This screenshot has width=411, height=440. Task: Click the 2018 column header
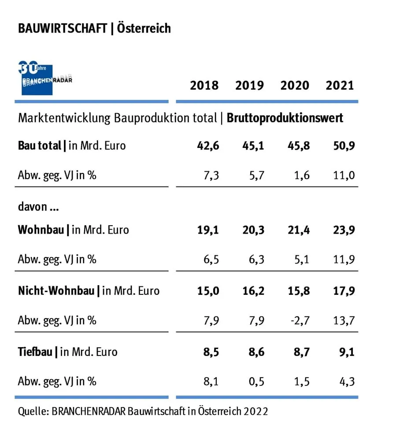click(x=204, y=85)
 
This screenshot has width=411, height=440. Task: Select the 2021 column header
click(x=340, y=85)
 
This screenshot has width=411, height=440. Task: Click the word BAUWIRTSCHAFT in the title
click(x=62, y=29)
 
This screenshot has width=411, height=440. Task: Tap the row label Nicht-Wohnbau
click(x=56, y=291)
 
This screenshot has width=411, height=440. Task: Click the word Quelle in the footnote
click(x=32, y=411)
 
